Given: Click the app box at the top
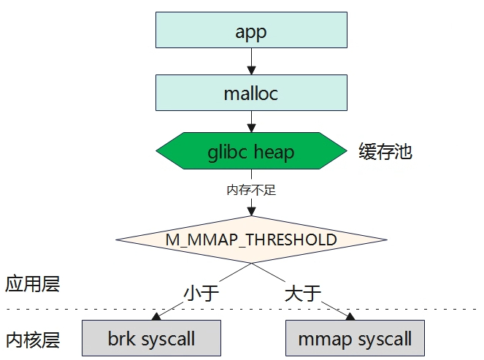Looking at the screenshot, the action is click(x=251, y=30).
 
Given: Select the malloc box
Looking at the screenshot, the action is click(x=251, y=93).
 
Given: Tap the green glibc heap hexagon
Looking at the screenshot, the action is click(x=251, y=151).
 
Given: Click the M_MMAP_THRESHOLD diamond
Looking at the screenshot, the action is click(x=251, y=240).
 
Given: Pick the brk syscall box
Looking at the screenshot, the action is click(x=151, y=338).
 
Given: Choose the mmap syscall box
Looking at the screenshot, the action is click(x=355, y=338).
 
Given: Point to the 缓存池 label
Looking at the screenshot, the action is click(x=385, y=151).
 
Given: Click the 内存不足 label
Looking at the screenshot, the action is click(x=251, y=190).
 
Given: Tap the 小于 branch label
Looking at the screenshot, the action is click(x=201, y=293).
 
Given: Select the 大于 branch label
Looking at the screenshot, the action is click(x=303, y=293).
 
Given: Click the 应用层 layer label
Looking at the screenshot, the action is click(x=32, y=284).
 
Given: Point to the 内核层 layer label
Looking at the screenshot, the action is click(x=32, y=340).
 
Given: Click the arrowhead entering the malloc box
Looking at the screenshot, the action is click(x=252, y=70).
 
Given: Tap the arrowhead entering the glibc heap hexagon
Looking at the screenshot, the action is click(x=252, y=128).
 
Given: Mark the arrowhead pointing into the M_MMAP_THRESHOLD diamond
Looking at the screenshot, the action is click(x=252, y=211).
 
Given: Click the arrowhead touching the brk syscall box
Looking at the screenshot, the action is click(x=156, y=316).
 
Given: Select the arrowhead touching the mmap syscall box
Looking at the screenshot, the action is click(x=350, y=316).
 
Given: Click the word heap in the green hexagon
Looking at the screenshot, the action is click(x=274, y=152).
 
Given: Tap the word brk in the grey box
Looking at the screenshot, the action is click(x=121, y=338).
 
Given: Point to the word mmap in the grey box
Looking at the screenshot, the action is click(x=325, y=340).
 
